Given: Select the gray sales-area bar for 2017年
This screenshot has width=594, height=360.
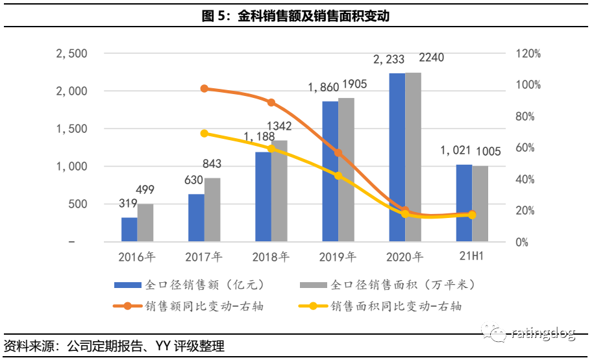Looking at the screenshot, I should [212, 210].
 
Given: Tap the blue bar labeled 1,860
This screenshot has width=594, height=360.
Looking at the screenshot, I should [330, 171].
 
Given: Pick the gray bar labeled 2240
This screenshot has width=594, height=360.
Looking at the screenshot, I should [413, 157].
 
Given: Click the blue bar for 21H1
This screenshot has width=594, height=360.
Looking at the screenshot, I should [464, 203].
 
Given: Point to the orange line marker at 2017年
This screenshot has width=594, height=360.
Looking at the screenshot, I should [204, 89].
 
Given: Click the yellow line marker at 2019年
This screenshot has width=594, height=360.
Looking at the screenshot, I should [338, 175].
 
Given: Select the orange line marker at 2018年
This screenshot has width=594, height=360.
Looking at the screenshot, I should [271, 102].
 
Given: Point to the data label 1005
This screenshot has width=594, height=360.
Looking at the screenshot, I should [488, 152].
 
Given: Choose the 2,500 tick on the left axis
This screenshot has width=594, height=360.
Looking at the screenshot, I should [72, 53].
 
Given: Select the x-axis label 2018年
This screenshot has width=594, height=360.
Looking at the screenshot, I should [271, 256].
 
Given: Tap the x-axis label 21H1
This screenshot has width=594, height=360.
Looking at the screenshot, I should [472, 256].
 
